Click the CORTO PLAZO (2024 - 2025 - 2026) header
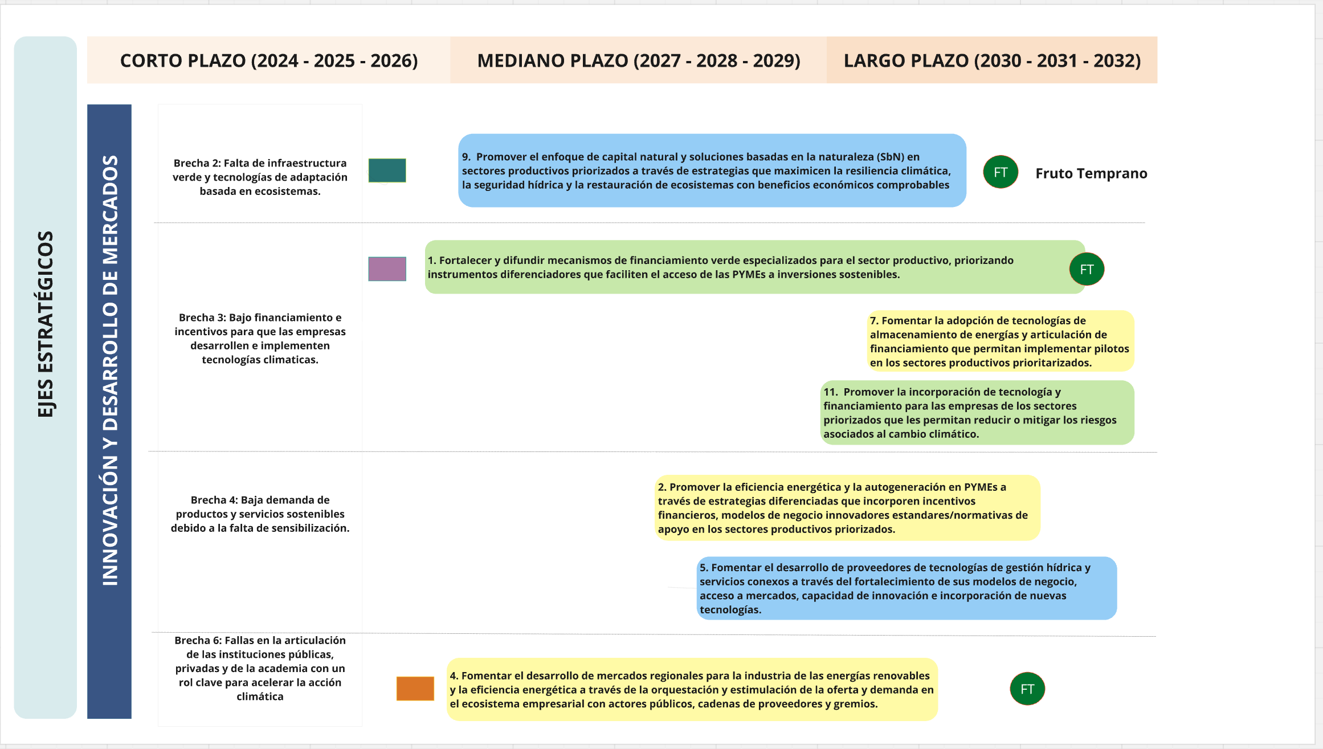click(268, 60)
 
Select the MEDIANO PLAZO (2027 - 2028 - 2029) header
click(638, 60)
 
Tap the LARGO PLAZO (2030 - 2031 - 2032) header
click(991, 60)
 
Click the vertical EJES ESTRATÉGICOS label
click(46, 324)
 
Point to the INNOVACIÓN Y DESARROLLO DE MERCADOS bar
click(109, 371)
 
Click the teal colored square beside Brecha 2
click(387, 170)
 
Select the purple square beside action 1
click(387, 268)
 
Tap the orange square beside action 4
click(415, 689)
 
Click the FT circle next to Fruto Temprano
click(1001, 172)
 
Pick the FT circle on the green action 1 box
click(1087, 269)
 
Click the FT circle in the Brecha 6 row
click(1027, 689)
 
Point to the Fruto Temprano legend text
click(1091, 173)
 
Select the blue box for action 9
click(712, 170)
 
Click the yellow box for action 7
click(1000, 341)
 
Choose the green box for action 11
click(977, 413)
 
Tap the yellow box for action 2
click(847, 508)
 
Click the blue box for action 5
click(906, 588)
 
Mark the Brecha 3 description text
click(260, 338)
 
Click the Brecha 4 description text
click(260, 514)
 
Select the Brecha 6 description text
click(260, 668)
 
